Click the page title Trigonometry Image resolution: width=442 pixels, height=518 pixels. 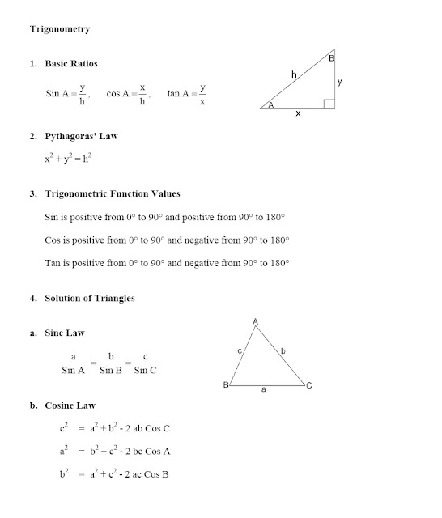click(60, 30)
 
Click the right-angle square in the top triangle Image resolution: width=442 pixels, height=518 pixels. click(329, 103)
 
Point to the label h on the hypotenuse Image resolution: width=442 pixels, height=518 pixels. click(294, 75)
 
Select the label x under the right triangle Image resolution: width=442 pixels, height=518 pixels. click(298, 115)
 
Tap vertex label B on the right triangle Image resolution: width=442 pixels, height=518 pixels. click(332, 58)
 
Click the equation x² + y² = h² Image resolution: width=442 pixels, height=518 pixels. click(68, 161)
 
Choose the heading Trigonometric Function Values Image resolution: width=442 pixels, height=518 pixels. click(113, 194)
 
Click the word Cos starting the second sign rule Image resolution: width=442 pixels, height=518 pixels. click(53, 241)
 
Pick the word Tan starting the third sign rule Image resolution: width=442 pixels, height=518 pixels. click(53, 264)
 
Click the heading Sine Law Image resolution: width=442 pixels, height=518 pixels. click(65, 333)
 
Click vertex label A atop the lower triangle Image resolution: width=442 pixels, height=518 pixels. click(256, 321)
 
